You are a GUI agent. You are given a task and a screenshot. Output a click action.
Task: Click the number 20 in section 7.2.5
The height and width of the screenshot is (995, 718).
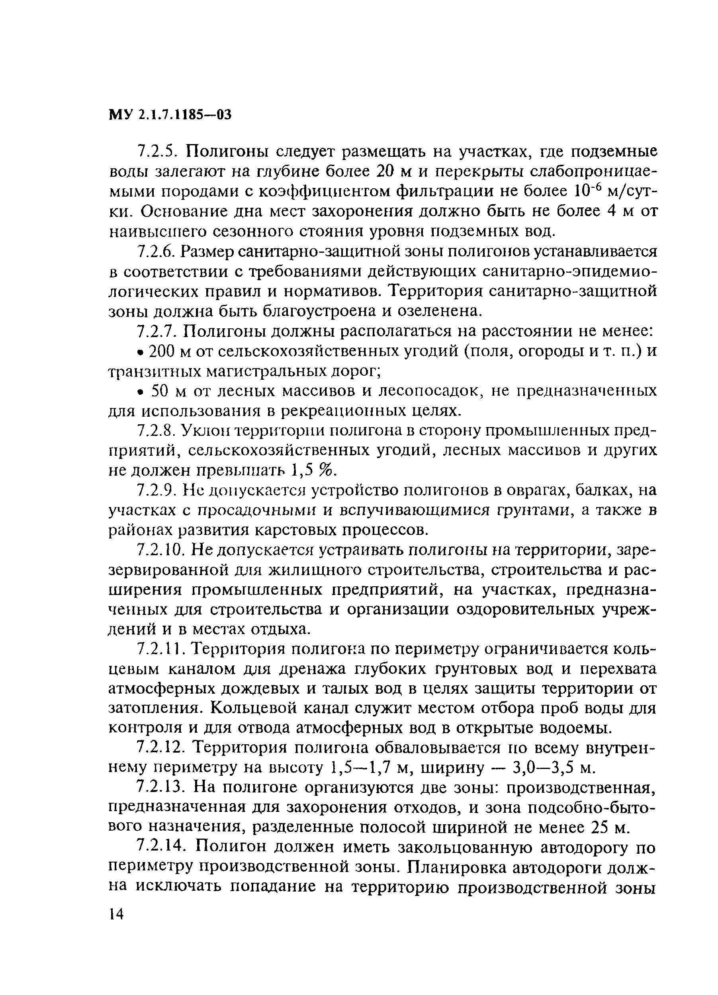[387, 171]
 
